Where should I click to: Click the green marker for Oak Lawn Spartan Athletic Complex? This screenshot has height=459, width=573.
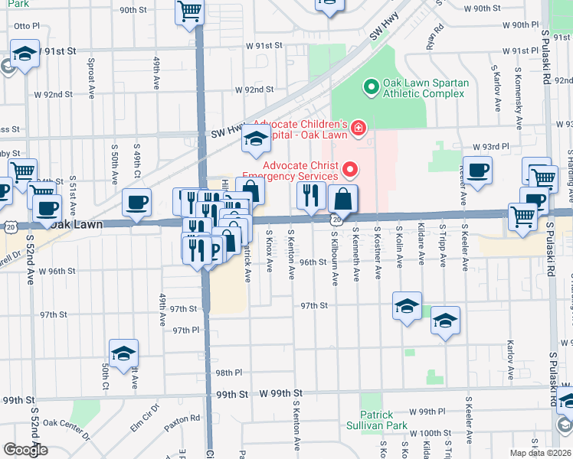point(372,87)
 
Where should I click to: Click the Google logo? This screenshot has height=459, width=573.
point(25,449)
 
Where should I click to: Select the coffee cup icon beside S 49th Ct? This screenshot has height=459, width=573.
point(136,203)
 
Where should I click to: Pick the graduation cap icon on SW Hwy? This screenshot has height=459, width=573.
point(256,138)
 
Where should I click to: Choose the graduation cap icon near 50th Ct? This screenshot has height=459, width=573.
point(123,353)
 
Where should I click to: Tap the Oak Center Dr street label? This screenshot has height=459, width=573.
point(66,429)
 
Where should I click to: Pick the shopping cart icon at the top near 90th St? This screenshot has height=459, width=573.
point(189,11)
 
